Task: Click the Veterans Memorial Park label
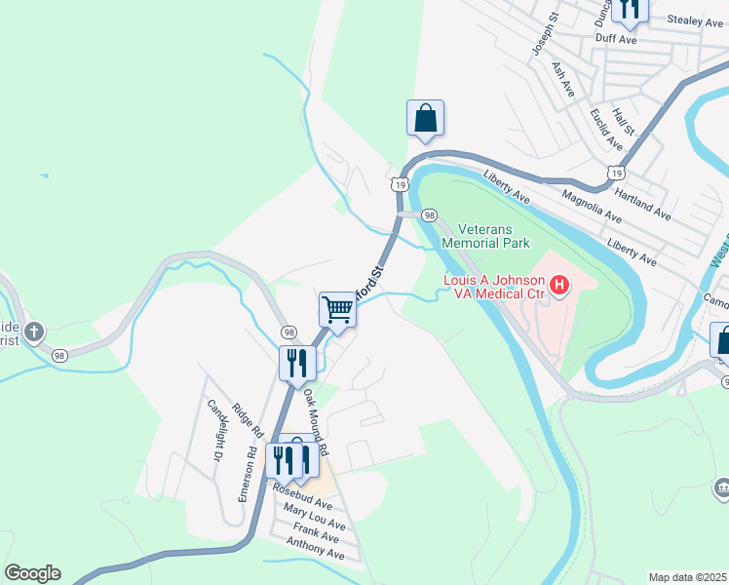coord(485,235)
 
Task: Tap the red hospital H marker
coord(559,286)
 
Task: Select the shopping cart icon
coord(337,310)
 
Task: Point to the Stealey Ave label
coord(693,19)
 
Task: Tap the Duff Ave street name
coord(616,40)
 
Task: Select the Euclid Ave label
coord(606,129)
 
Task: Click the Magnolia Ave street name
coord(592,206)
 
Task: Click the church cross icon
coord(33,332)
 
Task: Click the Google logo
coord(32,572)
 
